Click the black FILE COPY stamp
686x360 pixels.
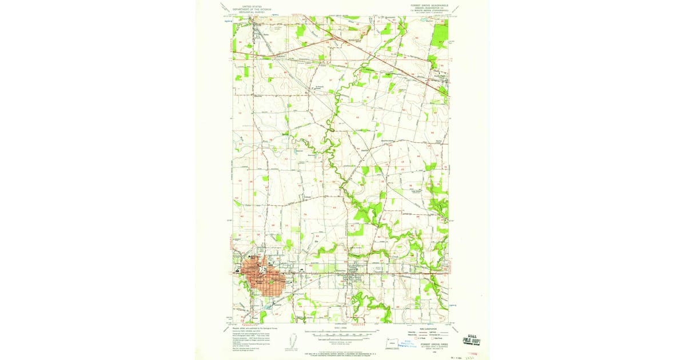pos(473,339)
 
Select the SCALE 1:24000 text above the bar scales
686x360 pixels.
pos(341,327)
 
